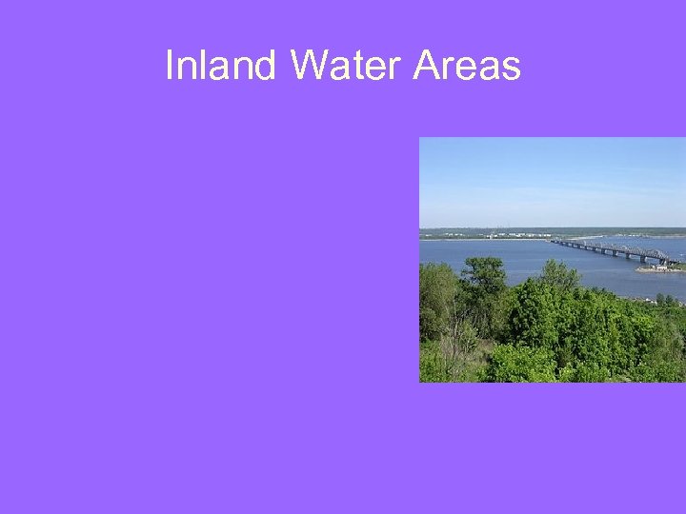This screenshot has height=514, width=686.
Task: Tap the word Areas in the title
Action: [467, 67]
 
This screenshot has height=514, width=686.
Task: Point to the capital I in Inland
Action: [170, 67]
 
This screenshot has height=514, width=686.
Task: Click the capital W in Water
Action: [310, 67]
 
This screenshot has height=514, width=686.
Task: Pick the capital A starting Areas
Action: [427, 67]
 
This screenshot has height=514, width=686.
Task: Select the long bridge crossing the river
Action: [615, 250]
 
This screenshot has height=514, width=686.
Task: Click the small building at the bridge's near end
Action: [660, 267]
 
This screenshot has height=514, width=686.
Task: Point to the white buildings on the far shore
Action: [519, 234]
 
